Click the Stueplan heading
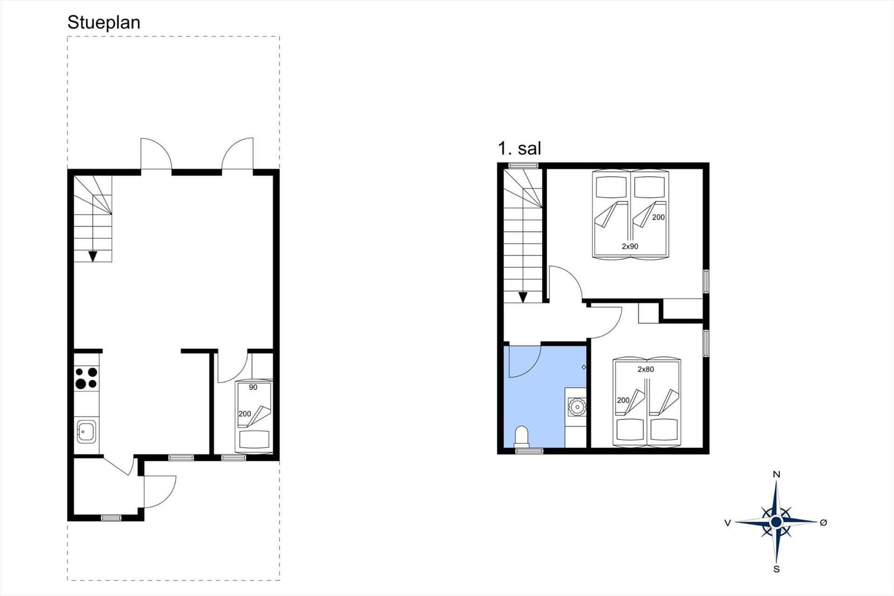(x=104, y=23)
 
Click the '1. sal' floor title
(x=519, y=149)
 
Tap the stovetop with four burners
(x=86, y=378)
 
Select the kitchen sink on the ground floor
(x=86, y=432)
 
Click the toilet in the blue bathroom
(x=522, y=437)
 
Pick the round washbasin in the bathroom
(x=576, y=407)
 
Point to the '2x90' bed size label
(x=630, y=247)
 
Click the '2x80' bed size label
(x=646, y=370)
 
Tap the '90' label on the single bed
(x=253, y=387)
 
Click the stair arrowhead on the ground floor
(x=93, y=256)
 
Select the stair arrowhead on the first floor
(x=523, y=297)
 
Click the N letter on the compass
(x=776, y=474)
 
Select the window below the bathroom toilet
(x=529, y=451)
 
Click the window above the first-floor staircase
(x=523, y=165)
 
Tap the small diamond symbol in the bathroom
(x=583, y=367)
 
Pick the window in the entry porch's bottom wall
(x=111, y=518)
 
